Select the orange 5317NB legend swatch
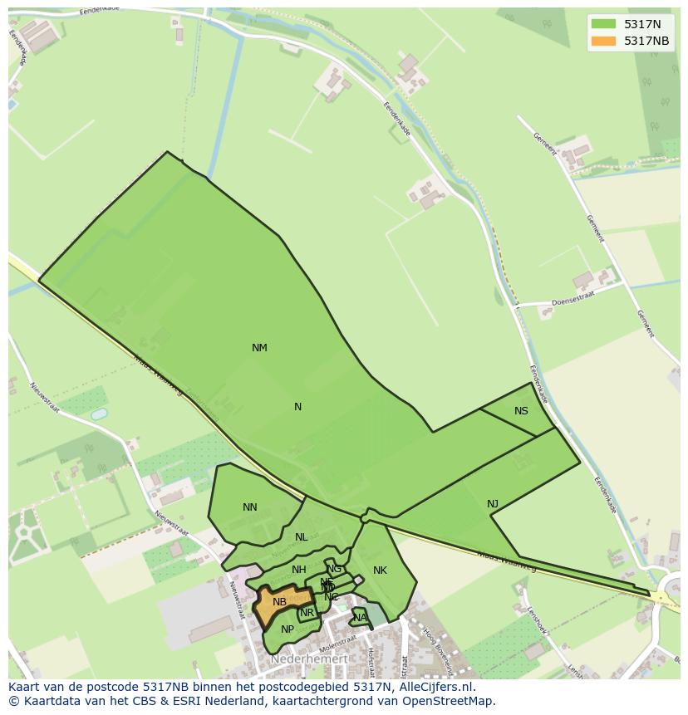[x=604, y=41]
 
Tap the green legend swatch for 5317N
[x=604, y=24]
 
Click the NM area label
[x=259, y=348]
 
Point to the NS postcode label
[x=521, y=411]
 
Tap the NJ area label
[x=493, y=504]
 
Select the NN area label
[x=250, y=507]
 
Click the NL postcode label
[x=301, y=537]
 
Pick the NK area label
[x=380, y=571]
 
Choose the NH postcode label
[x=299, y=570]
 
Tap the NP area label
[x=287, y=629]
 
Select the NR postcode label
[x=307, y=614]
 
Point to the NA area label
[x=359, y=618]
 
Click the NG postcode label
[x=334, y=569]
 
